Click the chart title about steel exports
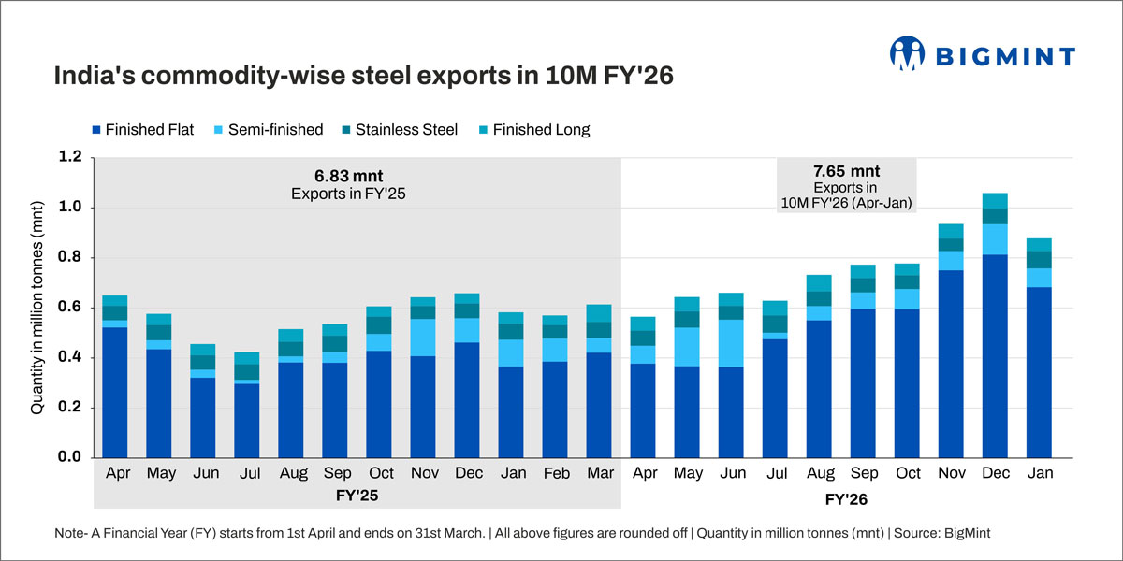(x=363, y=75)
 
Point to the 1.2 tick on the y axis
(x=71, y=157)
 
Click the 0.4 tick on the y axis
(x=71, y=358)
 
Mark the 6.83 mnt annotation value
(x=349, y=175)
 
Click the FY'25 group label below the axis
(x=357, y=494)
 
